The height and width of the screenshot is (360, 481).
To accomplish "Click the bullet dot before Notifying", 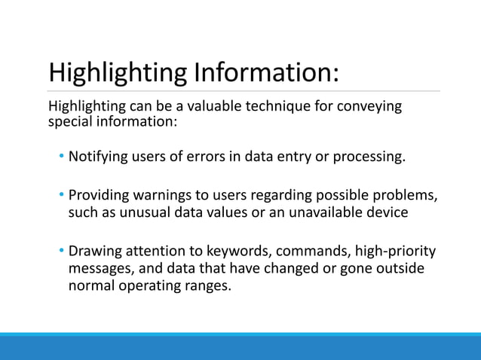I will [63, 157].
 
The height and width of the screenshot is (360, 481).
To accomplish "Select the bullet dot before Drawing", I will [63, 251].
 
